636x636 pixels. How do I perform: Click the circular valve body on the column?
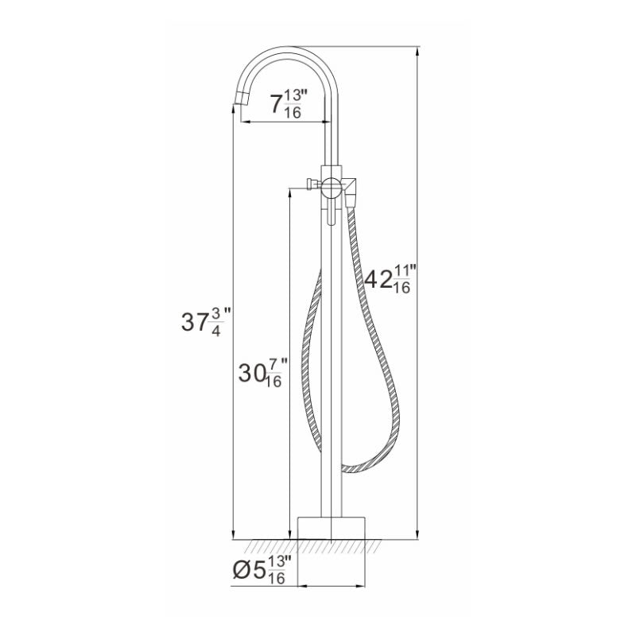329,188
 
